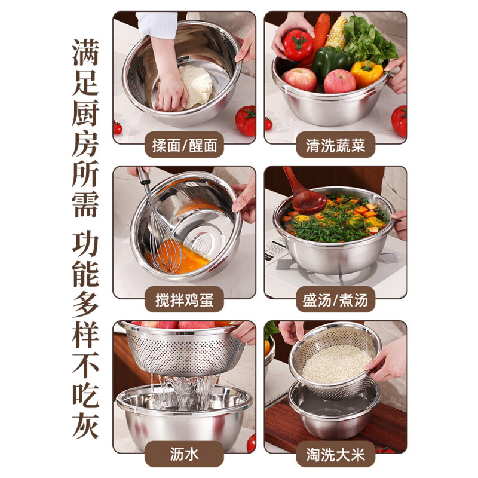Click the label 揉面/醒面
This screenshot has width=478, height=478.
click(184, 145)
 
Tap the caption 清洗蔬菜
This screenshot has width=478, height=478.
click(336, 145)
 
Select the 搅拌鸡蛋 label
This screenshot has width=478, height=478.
click(184, 299)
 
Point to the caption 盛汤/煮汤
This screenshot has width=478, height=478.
click(336, 299)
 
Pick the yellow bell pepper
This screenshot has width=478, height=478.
click(366, 72)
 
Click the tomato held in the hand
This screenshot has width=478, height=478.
click(298, 45)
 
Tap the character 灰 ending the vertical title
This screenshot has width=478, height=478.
click(85, 421)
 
